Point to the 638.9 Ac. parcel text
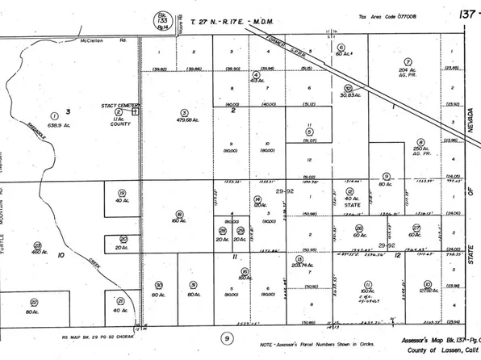pyautogui.click(x=56, y=128)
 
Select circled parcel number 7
pyautogui.click(x=408, y=61)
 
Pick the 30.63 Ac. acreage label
pyautogui.click(x=348, y=97)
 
